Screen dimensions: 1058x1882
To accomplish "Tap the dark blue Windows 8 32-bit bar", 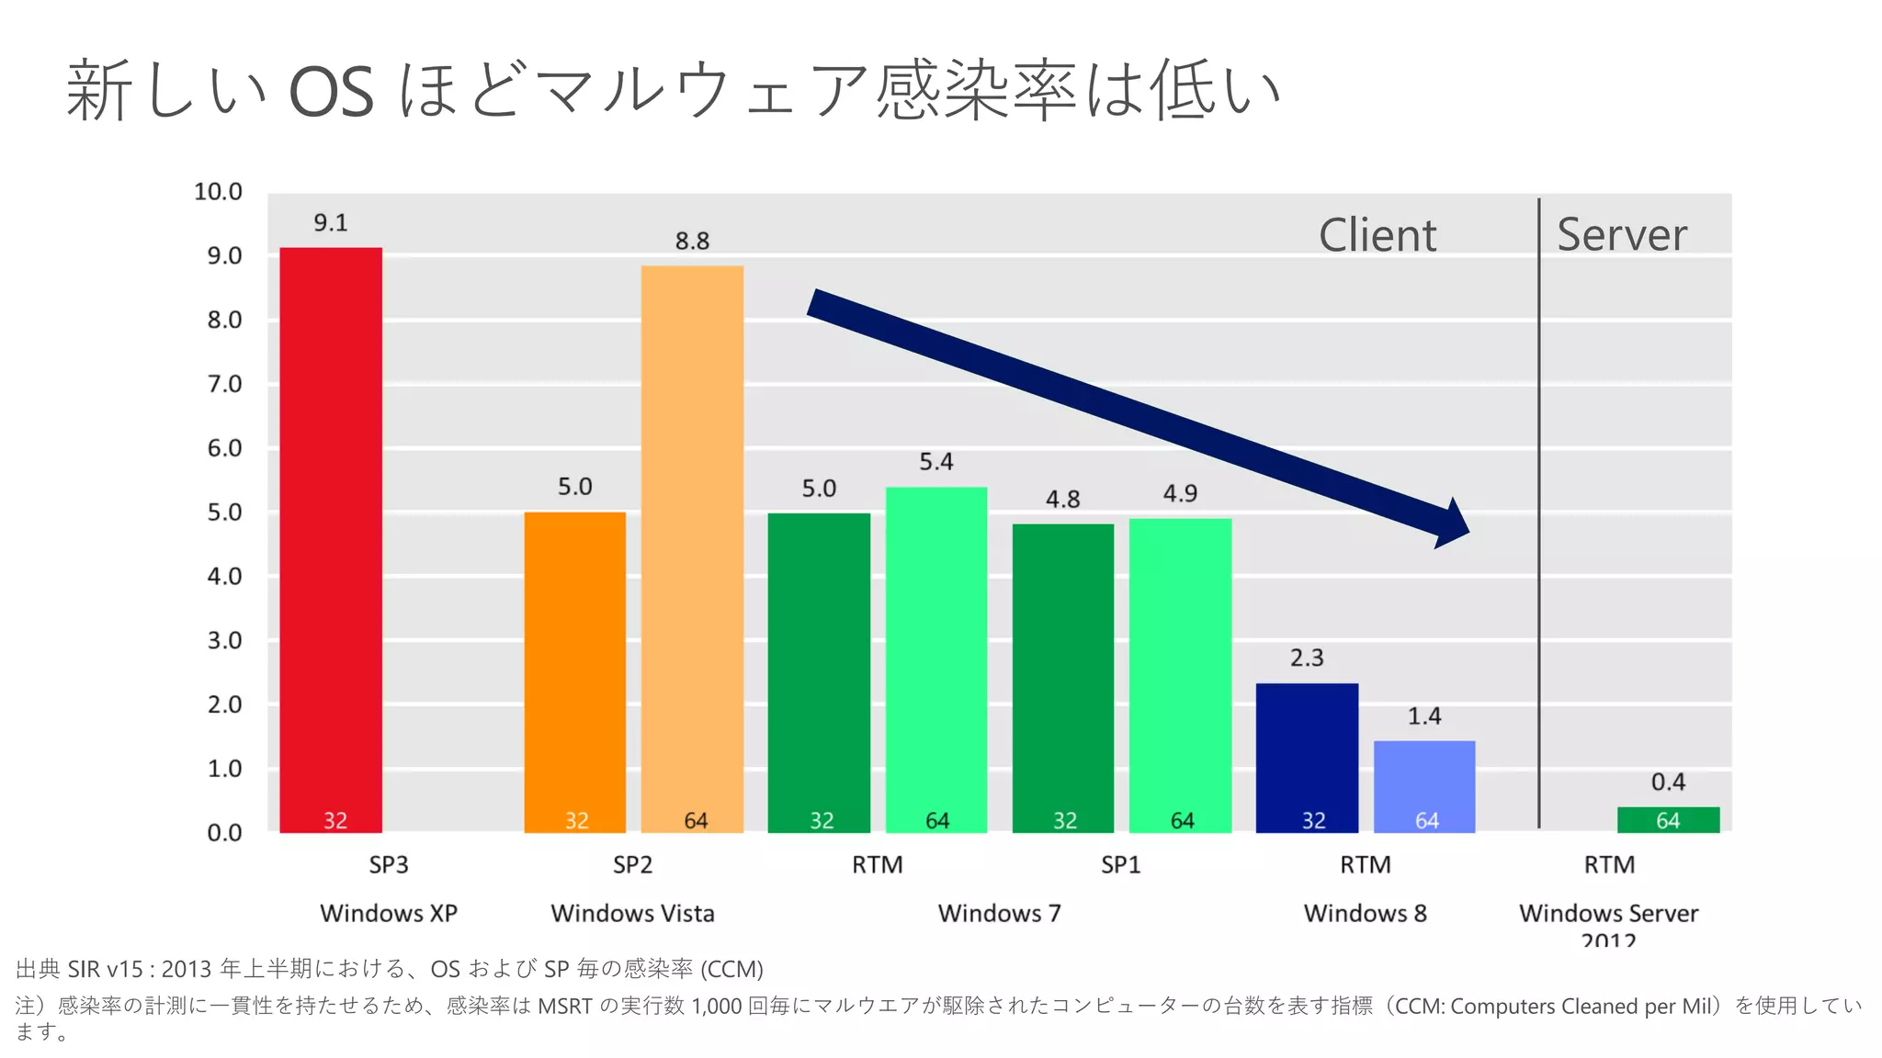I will pos(1307,758).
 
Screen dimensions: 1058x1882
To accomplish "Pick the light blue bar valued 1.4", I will pos(1424,786).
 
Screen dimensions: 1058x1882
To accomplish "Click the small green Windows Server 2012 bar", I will pos(1668,819).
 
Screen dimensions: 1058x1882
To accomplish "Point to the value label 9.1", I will pos(331,223).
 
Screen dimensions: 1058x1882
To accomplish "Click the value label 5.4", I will pos(936,462).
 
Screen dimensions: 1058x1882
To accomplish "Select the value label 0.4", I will pos(1668,782).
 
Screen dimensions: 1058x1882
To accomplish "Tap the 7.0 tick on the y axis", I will pos(224,384).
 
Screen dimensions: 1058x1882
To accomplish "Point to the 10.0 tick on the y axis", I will pos(219,192).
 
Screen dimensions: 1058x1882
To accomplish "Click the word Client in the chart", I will pos(1377,235).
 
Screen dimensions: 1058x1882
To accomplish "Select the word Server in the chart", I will pos(1622,235).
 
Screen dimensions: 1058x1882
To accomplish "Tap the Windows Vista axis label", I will pos(632,914).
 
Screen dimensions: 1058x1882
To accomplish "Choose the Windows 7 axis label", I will pos(999,914).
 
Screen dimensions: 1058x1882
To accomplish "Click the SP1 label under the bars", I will pos(1120,865).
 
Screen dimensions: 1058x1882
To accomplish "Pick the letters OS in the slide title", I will pos(331,92).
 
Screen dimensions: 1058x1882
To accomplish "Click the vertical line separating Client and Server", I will pos(1539,514).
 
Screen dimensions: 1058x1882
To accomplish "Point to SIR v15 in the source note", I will pos(106,969).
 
